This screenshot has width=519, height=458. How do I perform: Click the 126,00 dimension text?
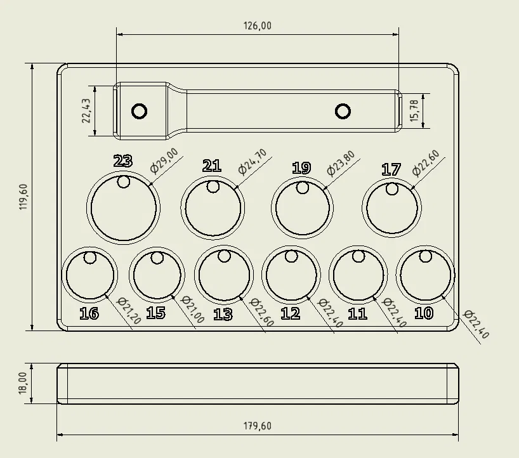(258, 26)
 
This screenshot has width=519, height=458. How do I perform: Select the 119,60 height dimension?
(25, 197)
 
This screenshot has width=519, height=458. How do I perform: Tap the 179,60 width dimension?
(258, 426)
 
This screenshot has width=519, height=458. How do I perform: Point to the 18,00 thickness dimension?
(23, 383)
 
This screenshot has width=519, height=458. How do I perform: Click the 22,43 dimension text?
(87, 111)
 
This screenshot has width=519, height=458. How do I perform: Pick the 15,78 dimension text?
(414, 111)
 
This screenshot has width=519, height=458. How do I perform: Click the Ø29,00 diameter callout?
(164, 160)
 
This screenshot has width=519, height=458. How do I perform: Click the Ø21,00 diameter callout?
(193, 310)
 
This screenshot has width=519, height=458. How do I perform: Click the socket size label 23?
(122, 161)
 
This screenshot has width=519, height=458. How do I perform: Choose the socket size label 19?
(301, 168)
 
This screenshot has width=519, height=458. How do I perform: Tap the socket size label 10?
(423, 313)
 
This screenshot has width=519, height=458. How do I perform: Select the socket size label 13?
(223, 315)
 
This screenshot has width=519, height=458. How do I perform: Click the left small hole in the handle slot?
(140, 112)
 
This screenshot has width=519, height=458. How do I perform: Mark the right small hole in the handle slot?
(343, 112)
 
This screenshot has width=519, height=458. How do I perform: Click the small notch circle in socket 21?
(213, 187)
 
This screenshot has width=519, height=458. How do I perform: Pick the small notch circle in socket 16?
(90, 258)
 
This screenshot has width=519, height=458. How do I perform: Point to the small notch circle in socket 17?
(392, 189)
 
